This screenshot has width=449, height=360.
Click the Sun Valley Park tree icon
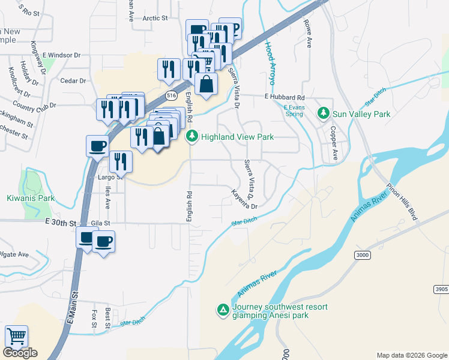coord(324,113)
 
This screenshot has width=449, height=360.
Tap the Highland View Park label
coord(237,137)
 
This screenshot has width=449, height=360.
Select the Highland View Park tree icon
coord(192,137)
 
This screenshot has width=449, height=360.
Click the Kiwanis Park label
coord(31,198)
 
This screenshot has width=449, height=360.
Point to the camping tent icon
coord(223,310)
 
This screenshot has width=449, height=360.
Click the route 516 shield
coord(172,95)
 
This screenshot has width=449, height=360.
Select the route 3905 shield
coord(441,289)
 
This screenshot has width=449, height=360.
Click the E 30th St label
coord(61,223)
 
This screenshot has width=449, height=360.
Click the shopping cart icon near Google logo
coord(16,337)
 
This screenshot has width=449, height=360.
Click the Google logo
coord(20,353)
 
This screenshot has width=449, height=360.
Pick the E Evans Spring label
coord(294,110)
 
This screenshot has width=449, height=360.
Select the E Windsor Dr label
coord(61,55)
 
